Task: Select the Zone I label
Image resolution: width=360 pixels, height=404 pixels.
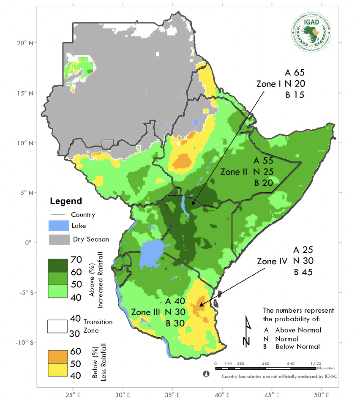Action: point(269,84)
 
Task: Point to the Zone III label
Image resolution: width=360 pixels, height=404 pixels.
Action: point(145,312)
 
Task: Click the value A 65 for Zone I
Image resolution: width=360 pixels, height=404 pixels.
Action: point(295,72)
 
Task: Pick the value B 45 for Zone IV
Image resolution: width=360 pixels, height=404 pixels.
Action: point(303,272)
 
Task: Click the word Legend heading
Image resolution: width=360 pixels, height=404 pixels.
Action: point(65,201)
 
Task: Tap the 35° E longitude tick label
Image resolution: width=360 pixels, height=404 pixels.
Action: point(172,396)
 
